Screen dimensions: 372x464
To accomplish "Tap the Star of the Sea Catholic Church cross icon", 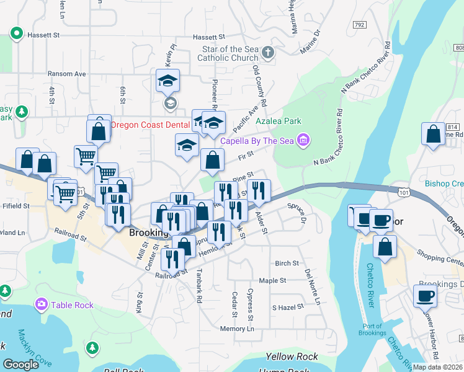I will pyautogui.click(x=268, y=53).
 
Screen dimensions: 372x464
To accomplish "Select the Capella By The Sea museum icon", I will pyautogui.click(x=303, y=141).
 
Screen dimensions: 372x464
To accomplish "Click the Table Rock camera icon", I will pyautogui.click(x=42, y=304).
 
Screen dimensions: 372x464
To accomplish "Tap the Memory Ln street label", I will pyautogui.click(x=237, y=329).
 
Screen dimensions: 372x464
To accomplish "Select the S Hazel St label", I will pyautogui.click(x=288, y=307).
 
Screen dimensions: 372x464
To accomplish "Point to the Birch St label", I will pyautogui.click(x=287, y=263).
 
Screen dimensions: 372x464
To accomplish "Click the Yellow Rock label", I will pyautogui.click(x=292, y=356).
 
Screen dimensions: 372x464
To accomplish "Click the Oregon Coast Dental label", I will pyautogui.click(x=149, y=125).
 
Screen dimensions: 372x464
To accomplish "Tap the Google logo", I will pyautogui.click(x=20, y=365).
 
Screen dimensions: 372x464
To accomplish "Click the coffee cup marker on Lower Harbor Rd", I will pyautogui.click(x=425, y=298).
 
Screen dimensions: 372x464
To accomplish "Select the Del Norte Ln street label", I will pyautogui.click(x=312, y=286).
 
